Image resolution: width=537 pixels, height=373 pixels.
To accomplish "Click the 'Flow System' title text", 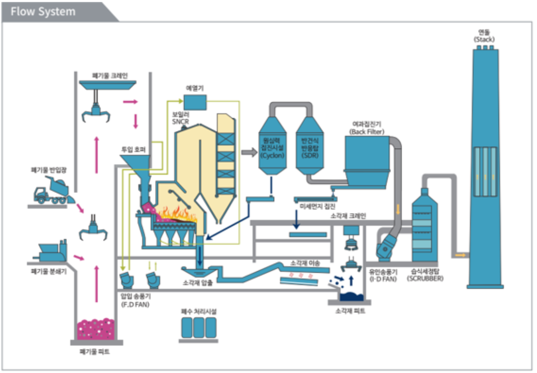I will click(x=43, y=12).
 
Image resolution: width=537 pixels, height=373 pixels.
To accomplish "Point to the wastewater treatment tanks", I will click(x=198, y=327).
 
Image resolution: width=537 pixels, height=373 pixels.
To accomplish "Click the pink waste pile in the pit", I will click(x=96, y=329).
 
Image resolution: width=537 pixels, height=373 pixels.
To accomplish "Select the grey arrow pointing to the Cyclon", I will click(x=249, y=153).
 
